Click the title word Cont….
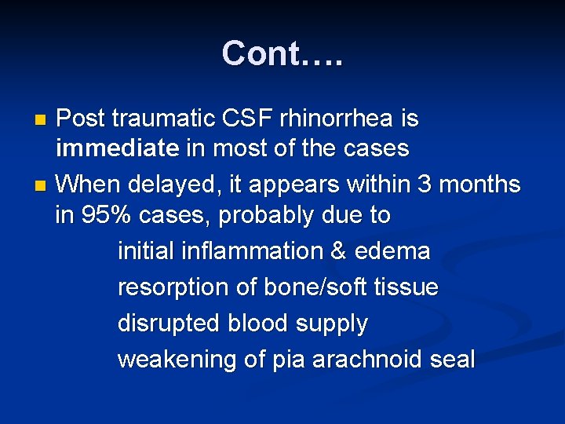click(282, 53)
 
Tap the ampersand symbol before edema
click(339, 251)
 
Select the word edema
click(392, 251)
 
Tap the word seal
click(453, 360)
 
